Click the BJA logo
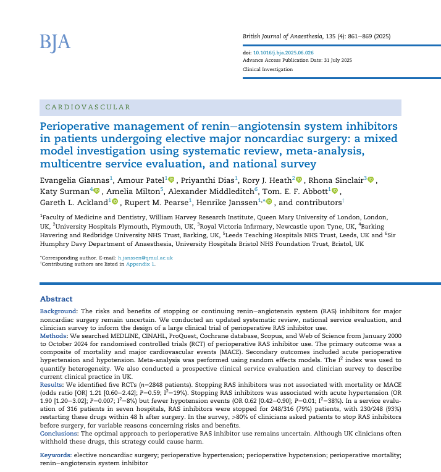55,42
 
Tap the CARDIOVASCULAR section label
88,107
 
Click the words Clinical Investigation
268,69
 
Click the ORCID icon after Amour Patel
171,180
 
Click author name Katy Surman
64,192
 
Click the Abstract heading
56,299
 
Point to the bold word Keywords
56,455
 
